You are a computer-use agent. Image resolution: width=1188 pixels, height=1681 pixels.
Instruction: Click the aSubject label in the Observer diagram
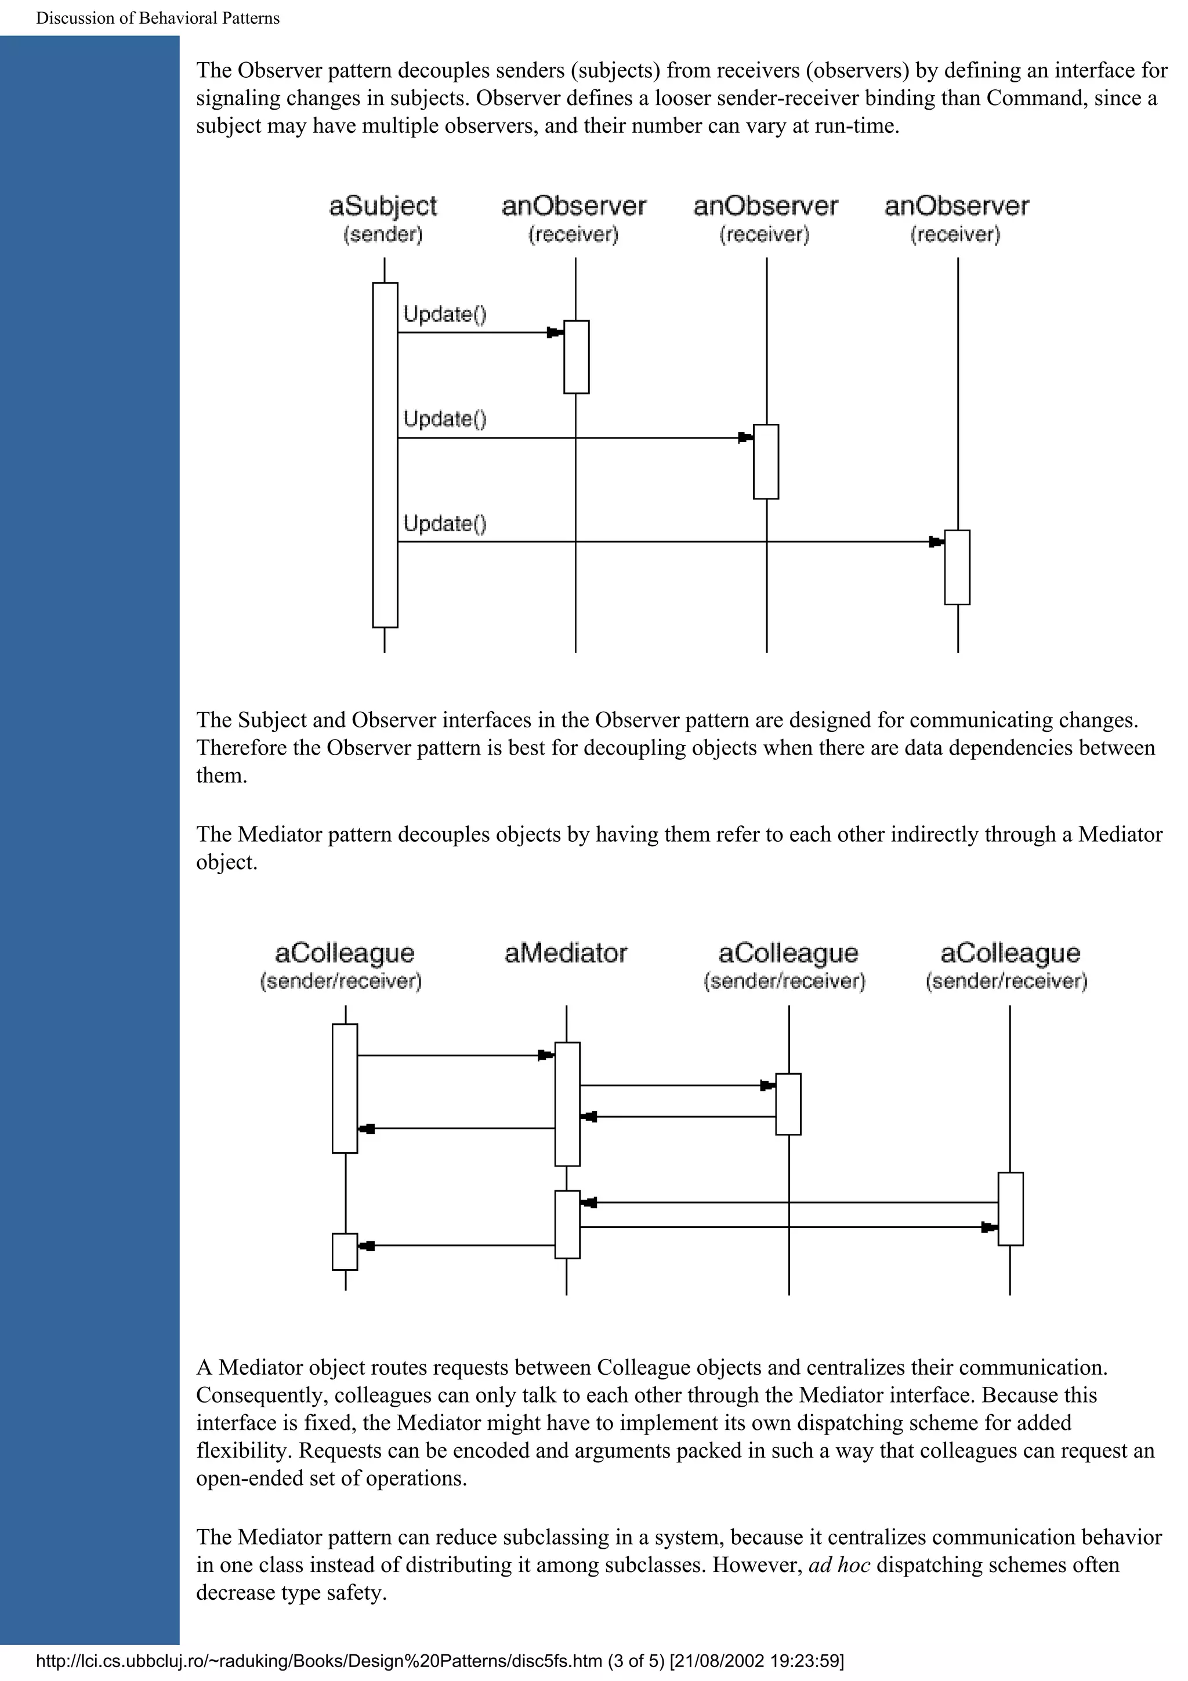383,206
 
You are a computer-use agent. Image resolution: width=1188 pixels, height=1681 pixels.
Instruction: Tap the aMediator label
566,952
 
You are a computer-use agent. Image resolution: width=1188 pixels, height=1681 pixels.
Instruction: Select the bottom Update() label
445,523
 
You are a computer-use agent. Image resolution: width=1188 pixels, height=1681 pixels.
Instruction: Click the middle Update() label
445,419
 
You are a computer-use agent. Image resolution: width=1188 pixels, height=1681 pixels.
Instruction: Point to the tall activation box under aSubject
385,455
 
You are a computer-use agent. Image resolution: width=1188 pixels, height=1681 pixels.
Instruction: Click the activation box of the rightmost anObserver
957,567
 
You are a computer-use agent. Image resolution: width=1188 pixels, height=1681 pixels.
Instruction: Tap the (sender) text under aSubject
383,235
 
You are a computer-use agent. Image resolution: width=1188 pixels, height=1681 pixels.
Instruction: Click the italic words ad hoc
839,1564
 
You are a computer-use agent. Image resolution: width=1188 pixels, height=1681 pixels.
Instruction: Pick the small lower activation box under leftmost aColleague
345,1251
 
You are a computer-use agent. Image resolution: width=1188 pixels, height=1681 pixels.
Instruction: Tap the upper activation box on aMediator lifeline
567,1103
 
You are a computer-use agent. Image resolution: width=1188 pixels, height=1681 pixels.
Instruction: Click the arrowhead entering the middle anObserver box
745,438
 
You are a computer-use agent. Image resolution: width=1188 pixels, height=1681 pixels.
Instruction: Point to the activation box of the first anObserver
576,357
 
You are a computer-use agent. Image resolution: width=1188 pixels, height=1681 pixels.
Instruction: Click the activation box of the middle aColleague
788,1104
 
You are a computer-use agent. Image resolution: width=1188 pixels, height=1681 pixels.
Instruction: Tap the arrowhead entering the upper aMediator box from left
545,1055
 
